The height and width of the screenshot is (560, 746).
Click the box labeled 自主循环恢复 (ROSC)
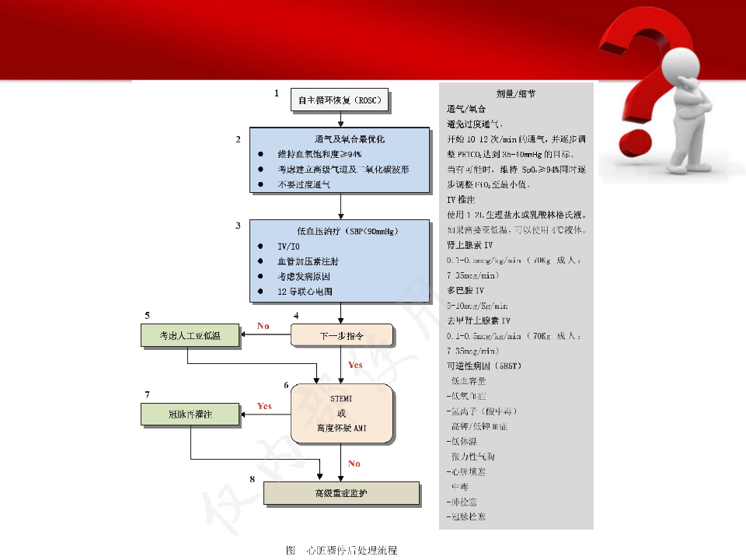click(340, 101)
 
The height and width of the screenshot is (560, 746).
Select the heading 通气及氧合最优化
click(340, 140)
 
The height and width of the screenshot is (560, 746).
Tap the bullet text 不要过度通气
click(304, 185)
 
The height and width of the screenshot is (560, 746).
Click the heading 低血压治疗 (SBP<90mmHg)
click(340, 231)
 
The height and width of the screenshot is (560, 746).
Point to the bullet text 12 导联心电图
click(305, 292)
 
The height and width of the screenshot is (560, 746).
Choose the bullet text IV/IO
click(288, 247)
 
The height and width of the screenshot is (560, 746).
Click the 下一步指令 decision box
click(342, 336)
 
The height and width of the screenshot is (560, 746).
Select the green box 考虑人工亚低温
click(190, 336)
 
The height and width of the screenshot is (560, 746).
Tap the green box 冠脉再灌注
click(190, 415)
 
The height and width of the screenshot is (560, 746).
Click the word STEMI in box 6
click(342, 398)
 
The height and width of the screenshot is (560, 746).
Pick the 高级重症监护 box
click(342, 493)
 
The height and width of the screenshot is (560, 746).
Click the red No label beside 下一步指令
click(263, 327)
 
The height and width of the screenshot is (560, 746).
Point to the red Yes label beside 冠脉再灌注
click(264, 406)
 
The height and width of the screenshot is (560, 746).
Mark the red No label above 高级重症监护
click(354, 464)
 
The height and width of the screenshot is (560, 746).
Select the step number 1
click(275, 93)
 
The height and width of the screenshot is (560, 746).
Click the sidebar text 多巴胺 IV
click(465, 290)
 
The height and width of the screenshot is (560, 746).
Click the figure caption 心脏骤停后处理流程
click(351, 551)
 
